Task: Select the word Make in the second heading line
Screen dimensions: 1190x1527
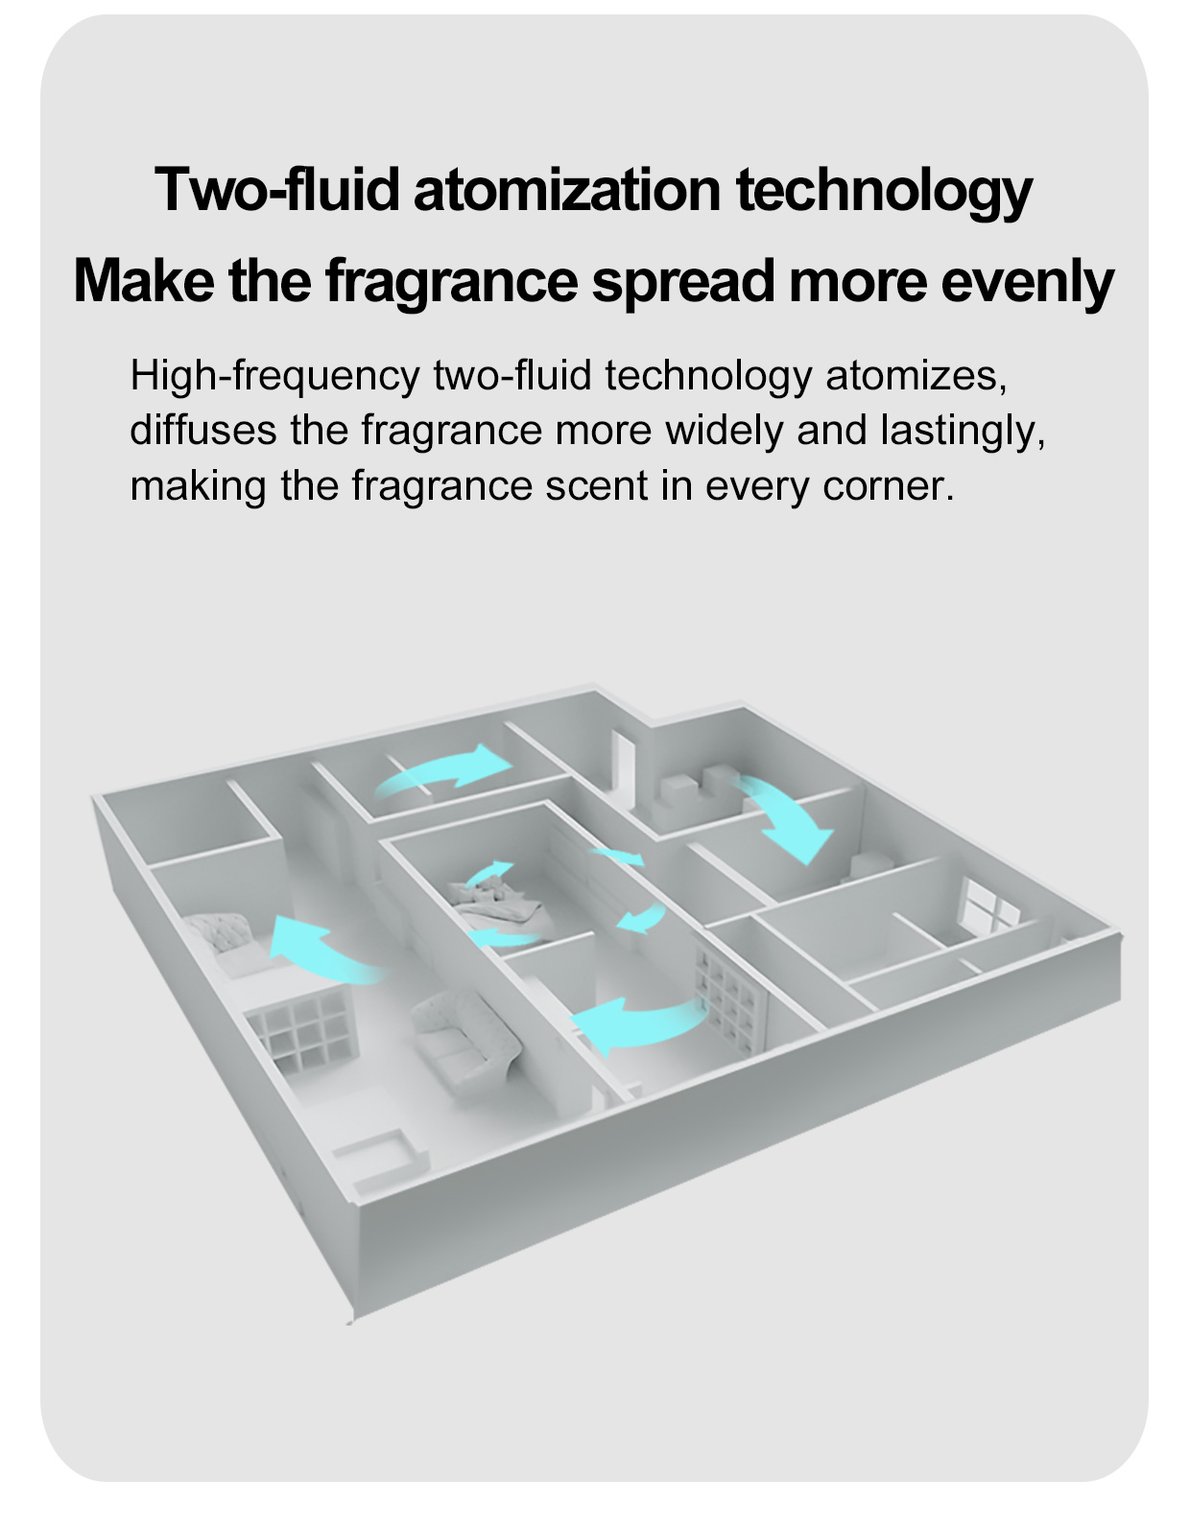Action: coord(143,280)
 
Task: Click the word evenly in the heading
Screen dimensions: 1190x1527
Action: coord(1027,282)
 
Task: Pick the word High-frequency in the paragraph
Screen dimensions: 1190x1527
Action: coord(274,377)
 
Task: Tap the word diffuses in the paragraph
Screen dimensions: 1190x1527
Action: coord(203,429)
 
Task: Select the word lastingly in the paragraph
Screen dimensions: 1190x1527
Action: coord(963,431)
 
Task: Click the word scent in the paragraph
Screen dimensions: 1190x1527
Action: coord(596,485)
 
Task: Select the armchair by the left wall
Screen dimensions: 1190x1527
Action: coord(223,942)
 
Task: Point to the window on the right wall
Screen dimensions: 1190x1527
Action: coord(988,907)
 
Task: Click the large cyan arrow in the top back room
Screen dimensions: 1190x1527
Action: coord(442,771)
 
